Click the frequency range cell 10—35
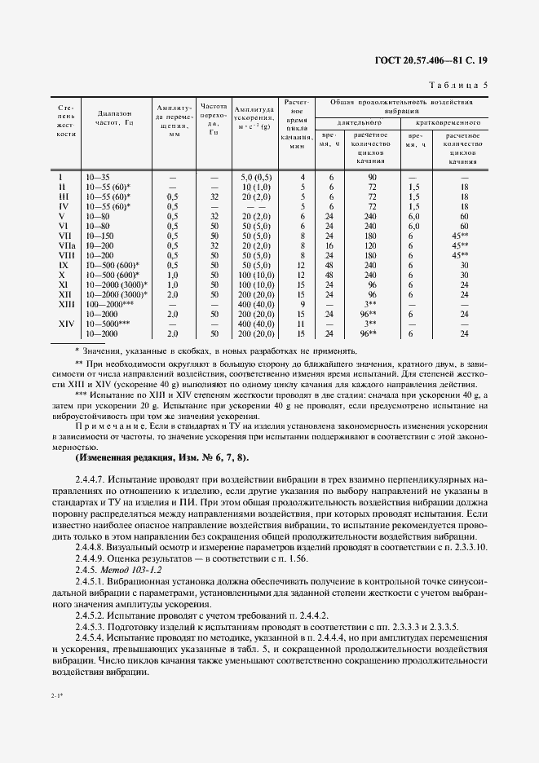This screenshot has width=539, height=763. tap(97, 177)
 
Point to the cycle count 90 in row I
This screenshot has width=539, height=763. tap(371, 177)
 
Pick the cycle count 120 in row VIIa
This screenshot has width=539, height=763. tap(371, 245)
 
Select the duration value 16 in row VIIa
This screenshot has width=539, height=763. tap(331, 245)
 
